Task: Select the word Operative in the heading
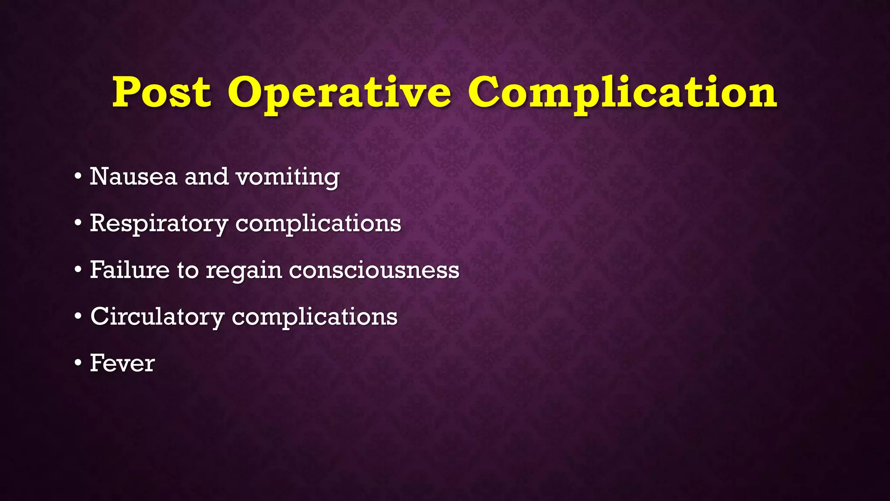pyautogui.click(x=339, y=93)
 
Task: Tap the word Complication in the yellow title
pyautogui.click(x=622, y=93)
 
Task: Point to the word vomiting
pyautogui.click(x=287, y=177)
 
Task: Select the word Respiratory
pyautogui.click(x=159, y=224)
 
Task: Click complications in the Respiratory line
pyautogui.click(x=318, y=224)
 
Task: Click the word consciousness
pyautogui.click(x=374, y=270)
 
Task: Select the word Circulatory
pyautogui.click(x=157, y=317)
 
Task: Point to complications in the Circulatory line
pyautogui.click(x=315, y=317)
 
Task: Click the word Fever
pyautogui.click(x=122, y=363)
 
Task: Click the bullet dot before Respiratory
pyautogui.click(x=78, y=224)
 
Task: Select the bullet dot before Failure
pyautogui.click(x=78, y=270)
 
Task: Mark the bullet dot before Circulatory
pyautogui.click(x=78, y=317)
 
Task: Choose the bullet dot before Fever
pyautogui.click(x=78, y=363)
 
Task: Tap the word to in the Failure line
pyautogui.click(x=188, y=270)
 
